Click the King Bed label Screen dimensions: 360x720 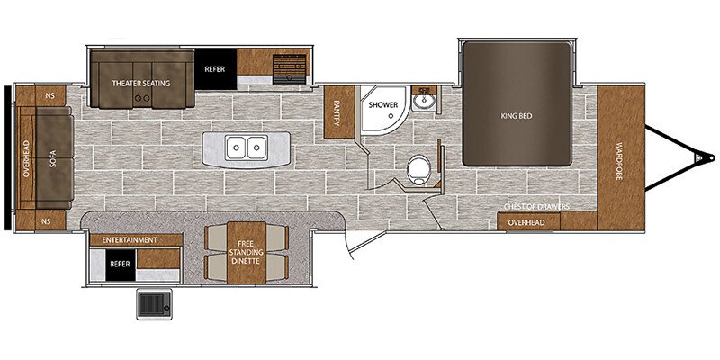click(517, 115)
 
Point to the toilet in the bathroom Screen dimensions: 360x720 click(417, 168)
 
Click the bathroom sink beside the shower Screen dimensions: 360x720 click(421, 102)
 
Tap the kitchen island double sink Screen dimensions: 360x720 click(246, 146)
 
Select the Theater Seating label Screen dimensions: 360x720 click(141, 83)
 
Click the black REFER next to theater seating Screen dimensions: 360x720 click(216, 68)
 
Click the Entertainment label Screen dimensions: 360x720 click(130, 240)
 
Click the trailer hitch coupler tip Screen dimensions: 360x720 click(698, 157)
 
